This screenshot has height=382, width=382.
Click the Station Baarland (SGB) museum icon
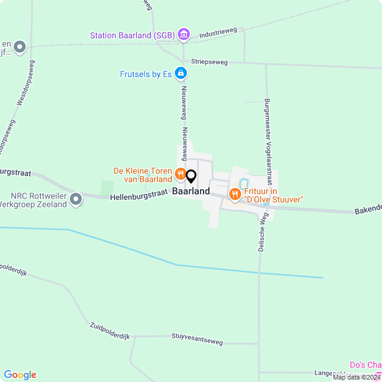(184, 35)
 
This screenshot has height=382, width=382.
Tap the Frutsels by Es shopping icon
(181, 74)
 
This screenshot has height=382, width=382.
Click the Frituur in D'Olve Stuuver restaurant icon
(235, 193)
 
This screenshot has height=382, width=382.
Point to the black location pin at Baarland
(191, 177)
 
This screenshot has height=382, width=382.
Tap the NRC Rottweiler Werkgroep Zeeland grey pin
(76, 199)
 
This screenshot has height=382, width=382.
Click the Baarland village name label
(191, 192)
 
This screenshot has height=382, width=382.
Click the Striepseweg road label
(210, 61)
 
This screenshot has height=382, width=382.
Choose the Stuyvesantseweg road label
(197, 340)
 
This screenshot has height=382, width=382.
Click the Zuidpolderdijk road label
(110, 331)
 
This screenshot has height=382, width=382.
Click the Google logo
(20, 374)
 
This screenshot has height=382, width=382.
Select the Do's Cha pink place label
(365, 365)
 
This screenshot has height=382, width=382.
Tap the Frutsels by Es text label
(146, 75)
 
